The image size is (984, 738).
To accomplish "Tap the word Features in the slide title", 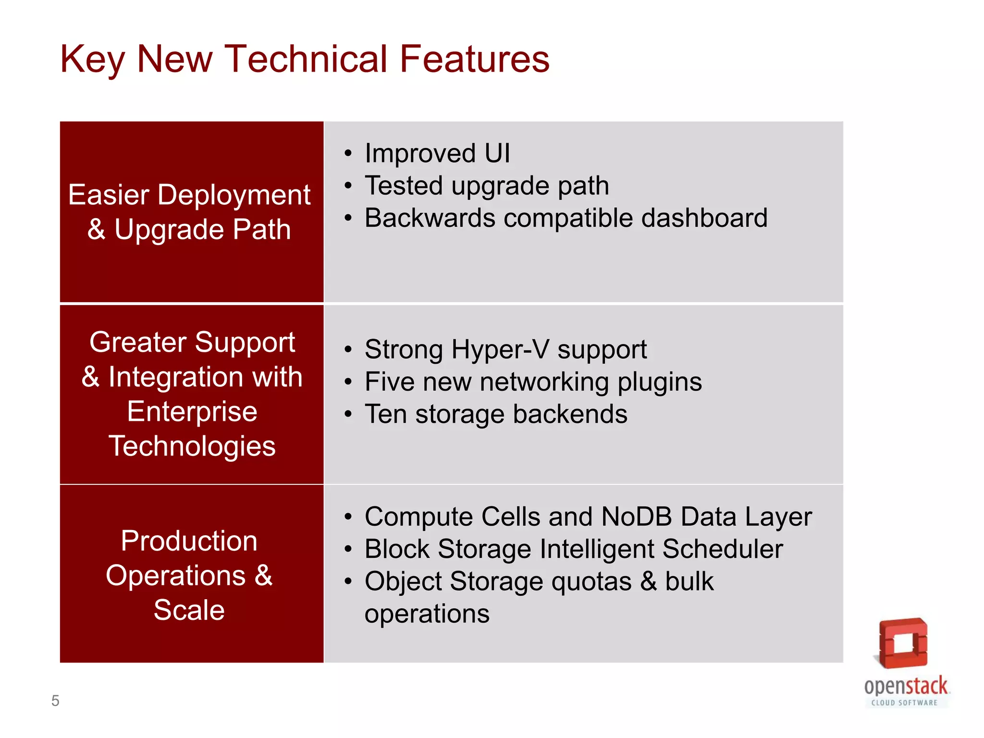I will point(474,59).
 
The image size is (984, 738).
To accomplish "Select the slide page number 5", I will point(55,701).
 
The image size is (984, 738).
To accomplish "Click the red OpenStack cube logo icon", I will point(903,643).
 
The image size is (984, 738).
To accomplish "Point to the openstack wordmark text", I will point(906,686).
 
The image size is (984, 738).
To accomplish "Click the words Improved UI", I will point(437,153).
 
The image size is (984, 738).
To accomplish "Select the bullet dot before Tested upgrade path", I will point(348,186).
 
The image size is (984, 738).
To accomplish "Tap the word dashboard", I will point(704,218).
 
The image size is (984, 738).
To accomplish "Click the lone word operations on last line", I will point(427,614).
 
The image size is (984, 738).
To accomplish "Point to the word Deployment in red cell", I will point(234,195).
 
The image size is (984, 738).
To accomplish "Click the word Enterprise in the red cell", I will point(192,412).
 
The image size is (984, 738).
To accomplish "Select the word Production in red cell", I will point(189,541).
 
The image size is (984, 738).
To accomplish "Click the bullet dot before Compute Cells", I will point(348,517).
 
